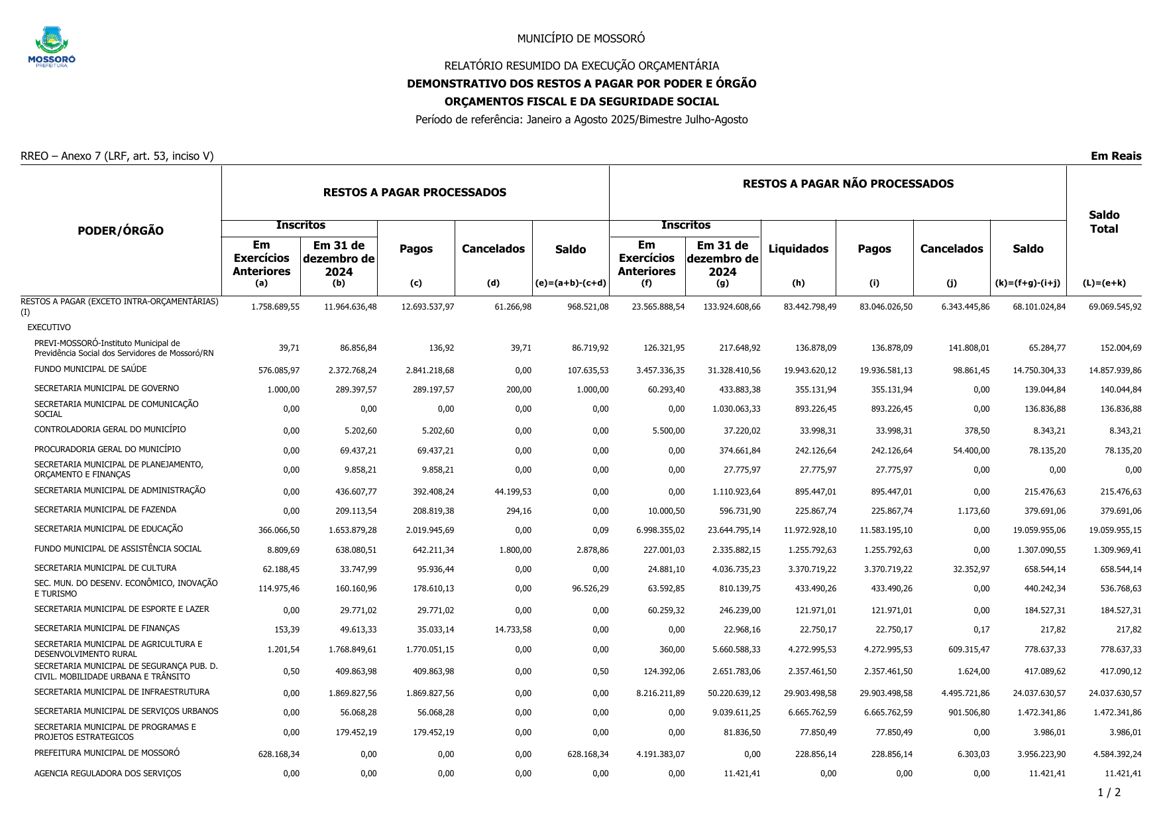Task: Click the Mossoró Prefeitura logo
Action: [52, 46]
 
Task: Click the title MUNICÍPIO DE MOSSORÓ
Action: [581, 38]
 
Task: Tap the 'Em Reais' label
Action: [1116, 156]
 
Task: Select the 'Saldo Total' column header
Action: [1104, 222]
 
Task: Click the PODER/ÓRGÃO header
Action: [121, 231]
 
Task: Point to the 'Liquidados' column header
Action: [799, 249]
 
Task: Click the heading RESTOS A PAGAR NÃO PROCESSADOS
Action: [848, 184]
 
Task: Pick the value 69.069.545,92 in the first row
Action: [1115, 307]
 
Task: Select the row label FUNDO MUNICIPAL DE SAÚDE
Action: [91, 369]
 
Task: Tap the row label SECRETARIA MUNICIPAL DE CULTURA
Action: [105, 568]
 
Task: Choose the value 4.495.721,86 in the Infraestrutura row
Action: [966, 693]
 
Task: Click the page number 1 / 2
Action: [1109, 793]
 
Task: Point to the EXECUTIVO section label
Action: [49, 327]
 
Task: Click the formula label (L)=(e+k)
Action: [1104, 284]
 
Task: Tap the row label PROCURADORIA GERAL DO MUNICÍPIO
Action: [107, 449]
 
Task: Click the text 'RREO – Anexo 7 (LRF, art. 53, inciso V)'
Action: [117, 156]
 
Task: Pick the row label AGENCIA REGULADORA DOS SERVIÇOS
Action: [107, 774]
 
